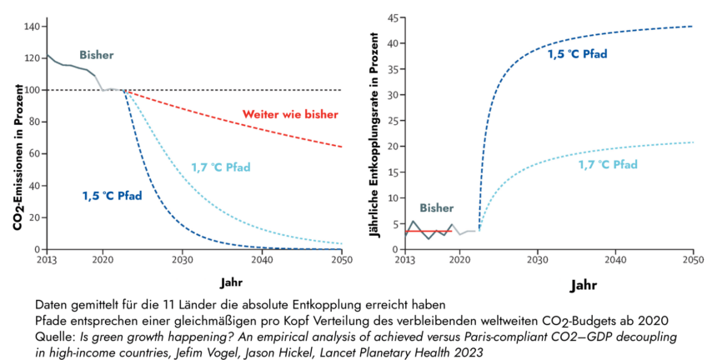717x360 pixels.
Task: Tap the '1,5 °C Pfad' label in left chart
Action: point(112,196)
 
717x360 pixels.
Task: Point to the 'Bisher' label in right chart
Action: point(436,207)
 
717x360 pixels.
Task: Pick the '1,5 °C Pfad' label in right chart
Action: point(577,54)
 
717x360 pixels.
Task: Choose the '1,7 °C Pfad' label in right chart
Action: point(608,164)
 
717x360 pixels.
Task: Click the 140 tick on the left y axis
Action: point(31,27)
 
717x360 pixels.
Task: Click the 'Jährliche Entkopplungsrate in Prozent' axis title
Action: point(374,137)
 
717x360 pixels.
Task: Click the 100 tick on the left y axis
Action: point(31,90)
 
